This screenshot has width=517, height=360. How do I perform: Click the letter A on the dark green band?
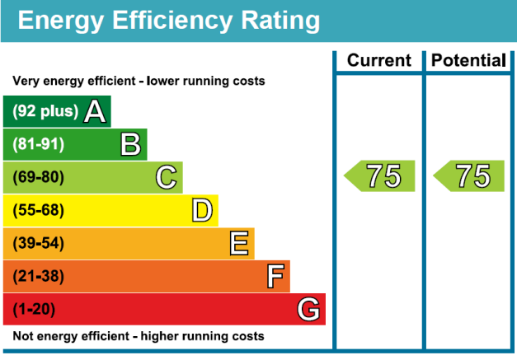[96, 111]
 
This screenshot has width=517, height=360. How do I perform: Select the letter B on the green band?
[130, 144]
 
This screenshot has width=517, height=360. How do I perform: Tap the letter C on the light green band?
[167, 177]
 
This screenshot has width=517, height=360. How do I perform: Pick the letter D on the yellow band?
[202, 210]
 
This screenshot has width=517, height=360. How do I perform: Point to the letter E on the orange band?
[239, 243]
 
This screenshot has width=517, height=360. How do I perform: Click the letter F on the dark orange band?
[275, 276]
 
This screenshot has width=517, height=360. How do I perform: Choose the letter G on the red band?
[308, 310]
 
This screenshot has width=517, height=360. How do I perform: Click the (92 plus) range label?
[45, 111]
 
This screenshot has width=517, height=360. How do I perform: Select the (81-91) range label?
[38, 144]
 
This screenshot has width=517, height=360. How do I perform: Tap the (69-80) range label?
[38, 177]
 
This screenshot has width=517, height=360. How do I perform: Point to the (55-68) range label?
[38, 210]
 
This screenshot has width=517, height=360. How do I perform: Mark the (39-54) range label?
[38, 243]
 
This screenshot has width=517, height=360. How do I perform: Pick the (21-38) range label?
[38, 276]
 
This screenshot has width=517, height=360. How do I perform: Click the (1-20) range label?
[35, 310]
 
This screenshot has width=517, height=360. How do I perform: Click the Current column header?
[378, 60]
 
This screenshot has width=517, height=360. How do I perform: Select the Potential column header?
[468, 60]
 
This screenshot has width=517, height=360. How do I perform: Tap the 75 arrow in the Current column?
[378, 176]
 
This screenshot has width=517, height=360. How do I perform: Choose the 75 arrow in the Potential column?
[468, 176]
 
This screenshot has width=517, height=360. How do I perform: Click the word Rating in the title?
[267, 21]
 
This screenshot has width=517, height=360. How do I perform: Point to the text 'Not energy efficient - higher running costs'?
[139, 336]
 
